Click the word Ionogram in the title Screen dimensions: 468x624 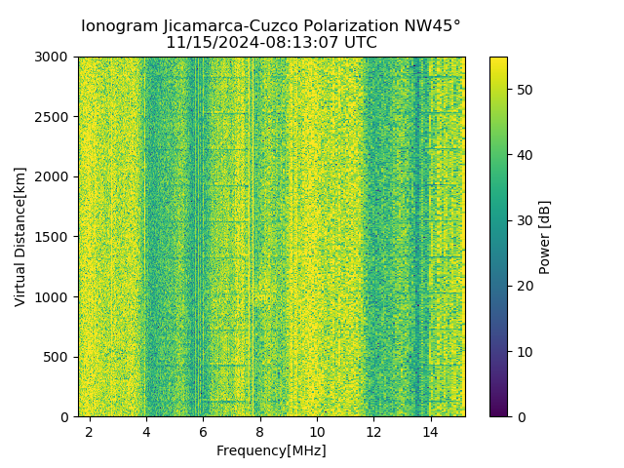pyautogui.click(x=118, y=26)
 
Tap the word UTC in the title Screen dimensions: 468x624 pyautogui.click(x=358, y=43)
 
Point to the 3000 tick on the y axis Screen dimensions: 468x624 pyautogui.click(x=55, y=57)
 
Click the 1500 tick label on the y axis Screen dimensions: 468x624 pyautogui.click(x=55, y=237)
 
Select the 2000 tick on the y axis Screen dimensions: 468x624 pyautogui.click(x=55, y=176)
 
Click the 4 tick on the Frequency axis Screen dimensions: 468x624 pyautogui.click(x=146, y=431)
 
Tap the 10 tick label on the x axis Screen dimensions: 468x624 pyautogui.click(x=317, y=431)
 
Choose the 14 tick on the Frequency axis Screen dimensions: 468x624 pyautogui.click(x=430, y=431)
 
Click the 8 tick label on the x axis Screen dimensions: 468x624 pyautogui.click(x=259, y=431)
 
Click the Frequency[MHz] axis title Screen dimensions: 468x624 pyautogui.click(x=271, y=450)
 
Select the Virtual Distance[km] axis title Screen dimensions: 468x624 pyautogui.click(x=20, y=236)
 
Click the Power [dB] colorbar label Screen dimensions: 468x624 pyautogui.click(x=545, y=237)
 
